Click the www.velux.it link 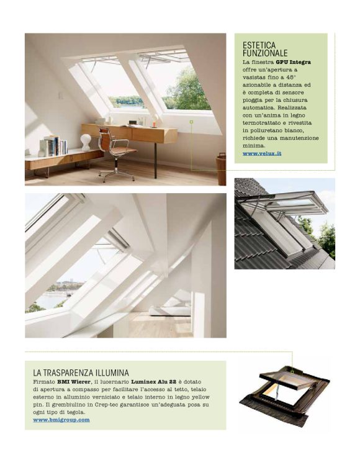(262, 152)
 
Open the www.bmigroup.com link (61, 420)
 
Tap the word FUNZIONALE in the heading (265, 53)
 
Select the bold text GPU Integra (294, 63)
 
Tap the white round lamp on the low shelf (86, 142)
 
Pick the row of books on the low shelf (55, 147)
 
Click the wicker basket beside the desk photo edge (222, 169)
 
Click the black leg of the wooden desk (155, 160)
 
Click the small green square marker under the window (192, 122)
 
